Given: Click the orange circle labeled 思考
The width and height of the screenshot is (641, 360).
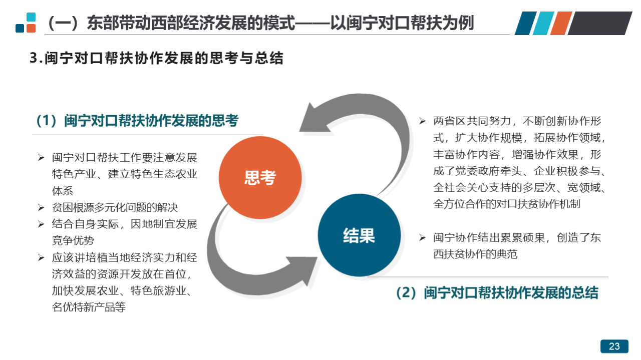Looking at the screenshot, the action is [x=260, y=178].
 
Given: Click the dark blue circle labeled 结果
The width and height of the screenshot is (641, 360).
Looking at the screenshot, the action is [x=359, y=235].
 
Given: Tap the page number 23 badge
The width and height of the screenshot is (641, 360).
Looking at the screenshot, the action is [x=614, y=346].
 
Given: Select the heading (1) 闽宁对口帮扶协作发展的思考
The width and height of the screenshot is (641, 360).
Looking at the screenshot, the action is [x=138, y=121].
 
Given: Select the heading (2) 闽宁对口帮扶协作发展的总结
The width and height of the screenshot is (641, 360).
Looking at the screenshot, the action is [x=497, y=293].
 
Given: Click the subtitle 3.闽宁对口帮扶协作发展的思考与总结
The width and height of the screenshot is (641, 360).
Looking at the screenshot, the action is [x=157, y=58].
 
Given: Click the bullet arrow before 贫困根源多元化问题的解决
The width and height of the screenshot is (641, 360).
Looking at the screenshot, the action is [x=41, y=207].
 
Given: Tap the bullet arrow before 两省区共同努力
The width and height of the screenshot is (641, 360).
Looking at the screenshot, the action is [x=422, y=121].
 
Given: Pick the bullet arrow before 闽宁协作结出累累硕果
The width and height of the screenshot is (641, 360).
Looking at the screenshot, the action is [x=422, y=237].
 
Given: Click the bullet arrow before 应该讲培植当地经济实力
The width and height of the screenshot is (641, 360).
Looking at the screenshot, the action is [x=41, y=257].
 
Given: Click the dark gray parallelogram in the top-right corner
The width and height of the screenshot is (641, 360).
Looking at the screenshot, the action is [x=600, y=23].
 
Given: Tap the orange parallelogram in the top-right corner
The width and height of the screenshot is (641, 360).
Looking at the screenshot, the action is [x=561, y=23].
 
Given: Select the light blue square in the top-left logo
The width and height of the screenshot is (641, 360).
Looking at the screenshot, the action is [x=31, y=17].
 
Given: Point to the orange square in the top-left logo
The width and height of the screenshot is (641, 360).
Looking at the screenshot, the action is [x=31, y=29].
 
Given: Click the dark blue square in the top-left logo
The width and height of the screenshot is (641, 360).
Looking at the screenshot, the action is [x=20, y=29].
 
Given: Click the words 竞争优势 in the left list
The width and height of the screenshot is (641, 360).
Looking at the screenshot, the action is [x=73, y=240].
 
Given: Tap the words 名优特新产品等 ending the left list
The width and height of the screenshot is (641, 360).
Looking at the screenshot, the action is [x=89, y=307].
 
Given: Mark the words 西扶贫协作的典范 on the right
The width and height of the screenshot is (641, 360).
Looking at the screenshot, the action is [x=475, y=254].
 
